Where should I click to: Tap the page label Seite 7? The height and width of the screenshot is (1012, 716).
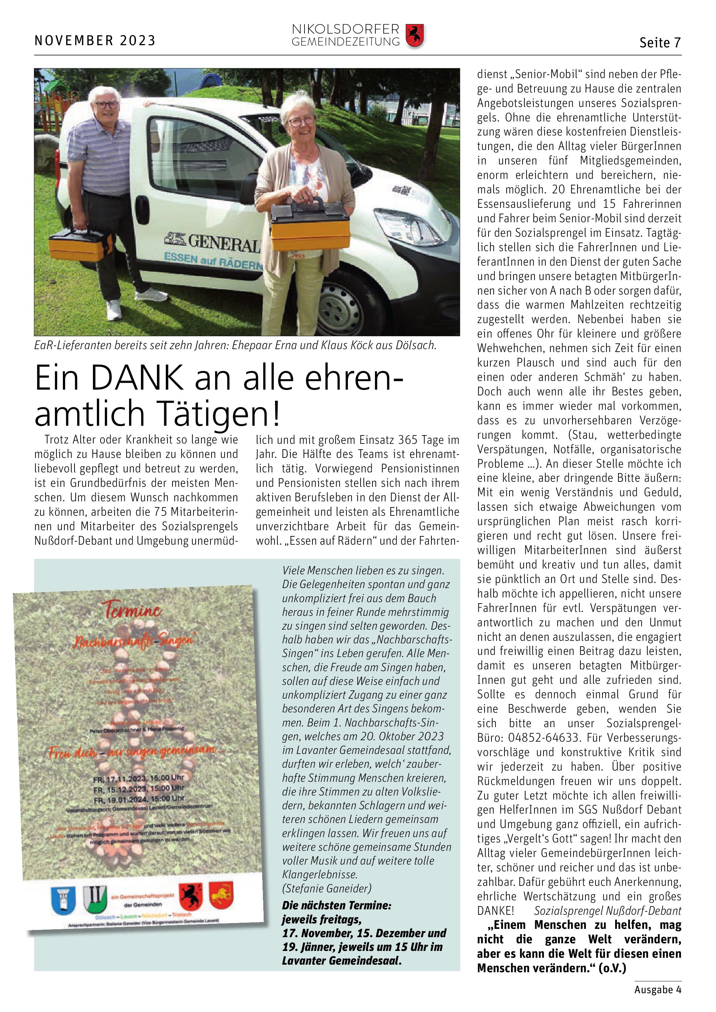click(660, 43)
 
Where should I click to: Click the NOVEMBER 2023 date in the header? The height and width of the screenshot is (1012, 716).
click(95, 40)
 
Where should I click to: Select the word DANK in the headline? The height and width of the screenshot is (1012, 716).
click(137, 378)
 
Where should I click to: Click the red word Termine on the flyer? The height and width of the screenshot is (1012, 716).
click(132, 610)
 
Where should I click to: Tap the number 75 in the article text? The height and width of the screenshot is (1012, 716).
click(160, 512)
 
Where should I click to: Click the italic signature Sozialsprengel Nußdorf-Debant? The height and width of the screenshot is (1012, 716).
click(608, 911)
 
